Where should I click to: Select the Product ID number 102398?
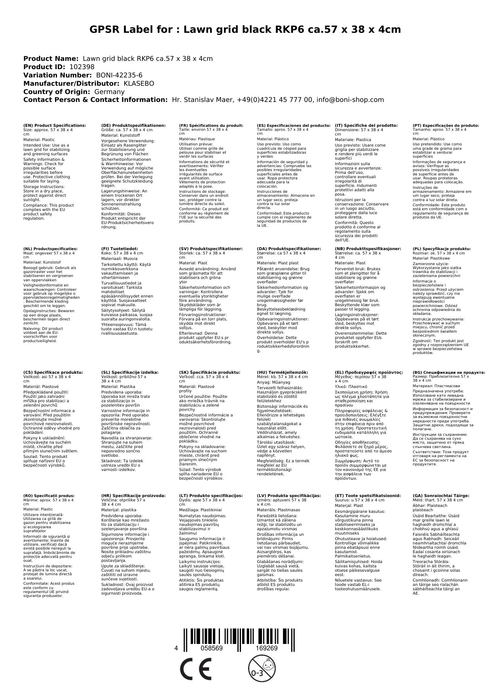pyautogui.click(x=82, y=67)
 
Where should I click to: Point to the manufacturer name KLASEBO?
pyautogui.click(x=139, y=83)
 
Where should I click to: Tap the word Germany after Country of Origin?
pyautogui.click(x=109, y=92)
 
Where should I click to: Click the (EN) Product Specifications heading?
pyautogui.click(x=54, y=126)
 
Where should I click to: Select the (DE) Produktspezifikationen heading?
pyautogui.click(x=133, y=126)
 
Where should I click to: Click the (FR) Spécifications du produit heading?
pyautogui.click(x=211, y=126)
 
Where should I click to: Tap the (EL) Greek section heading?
pyautogui.click(x=369, y=372)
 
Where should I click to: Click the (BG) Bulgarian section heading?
pyautogui.click(x=449, y=372)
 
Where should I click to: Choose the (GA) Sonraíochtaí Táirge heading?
pyautogui.click(x=441, y=495)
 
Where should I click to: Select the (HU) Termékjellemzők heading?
pyautogui.click(x=282, y=372)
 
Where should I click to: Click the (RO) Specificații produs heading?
pyautogui.click(x=49, y=495)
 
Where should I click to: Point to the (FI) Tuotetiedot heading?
pyautogui.click(x=119, y=249)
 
